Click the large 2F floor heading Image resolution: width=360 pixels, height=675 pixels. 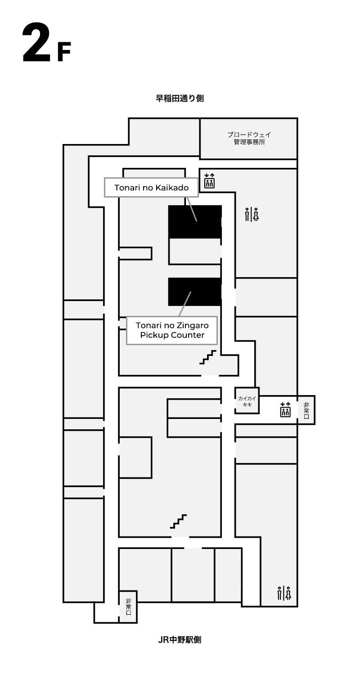click(x=47, y=43)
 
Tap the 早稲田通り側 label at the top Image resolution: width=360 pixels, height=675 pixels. click(x=180, y=98)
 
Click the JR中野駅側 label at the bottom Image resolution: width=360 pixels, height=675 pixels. click(x=180, y=640)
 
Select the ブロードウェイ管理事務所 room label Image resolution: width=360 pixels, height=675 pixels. click(x=249, y=138)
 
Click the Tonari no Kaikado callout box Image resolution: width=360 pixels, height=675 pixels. click(x=151, y=188)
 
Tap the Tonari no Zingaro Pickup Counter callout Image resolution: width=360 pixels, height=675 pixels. click(x=172, y=330)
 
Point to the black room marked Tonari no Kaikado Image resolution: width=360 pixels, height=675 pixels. click(x=195, y=222)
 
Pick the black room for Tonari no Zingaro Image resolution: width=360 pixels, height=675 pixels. click(x=195, y=292)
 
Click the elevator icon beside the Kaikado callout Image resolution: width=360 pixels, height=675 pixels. click(x=209, y=181)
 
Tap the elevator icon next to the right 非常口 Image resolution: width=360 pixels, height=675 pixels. click(x=285, y=409)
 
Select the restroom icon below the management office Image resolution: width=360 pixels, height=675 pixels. click(x=252, y=215)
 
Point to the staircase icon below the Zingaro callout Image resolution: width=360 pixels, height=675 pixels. click(x=208, y=357)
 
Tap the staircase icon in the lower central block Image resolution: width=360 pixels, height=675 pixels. click(x=178, y=521)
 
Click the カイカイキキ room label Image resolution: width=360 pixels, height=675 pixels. click(x=247, y=401)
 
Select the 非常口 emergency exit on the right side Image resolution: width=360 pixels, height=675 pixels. click(x=306, y=410)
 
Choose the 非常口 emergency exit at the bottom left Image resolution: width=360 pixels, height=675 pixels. click(x=128, y=607)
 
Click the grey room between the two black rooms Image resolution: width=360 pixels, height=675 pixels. click(x=195, y=252)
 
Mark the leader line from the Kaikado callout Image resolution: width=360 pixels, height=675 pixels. click(x=192, y=209)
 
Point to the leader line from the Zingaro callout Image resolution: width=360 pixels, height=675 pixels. click(x=185, y=304)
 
